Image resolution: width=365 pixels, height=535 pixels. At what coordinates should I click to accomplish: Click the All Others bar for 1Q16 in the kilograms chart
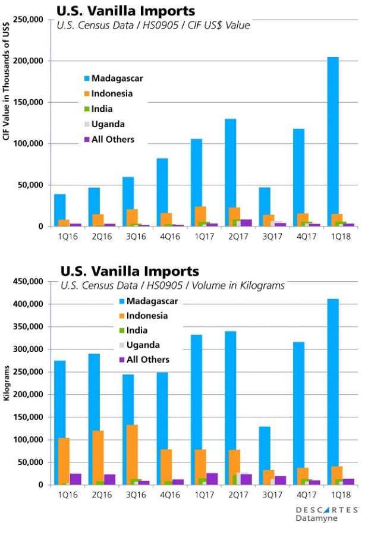[x=75, y=479]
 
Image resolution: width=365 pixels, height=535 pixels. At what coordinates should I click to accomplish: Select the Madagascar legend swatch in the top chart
[x=87, y=78]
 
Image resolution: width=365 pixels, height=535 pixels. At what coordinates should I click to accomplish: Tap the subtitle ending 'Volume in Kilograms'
[x=172, y=286]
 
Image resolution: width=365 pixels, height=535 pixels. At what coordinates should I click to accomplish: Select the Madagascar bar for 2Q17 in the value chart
[x=230, y=172]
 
